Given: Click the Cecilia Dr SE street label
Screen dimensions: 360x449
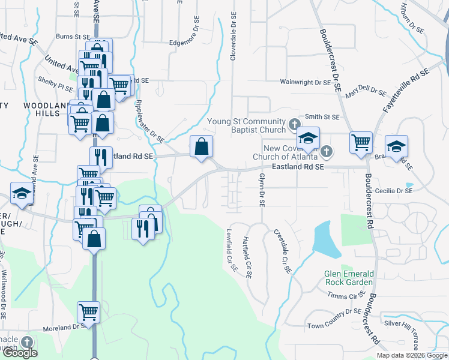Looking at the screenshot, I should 394,191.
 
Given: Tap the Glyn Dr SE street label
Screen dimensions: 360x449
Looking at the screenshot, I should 261,191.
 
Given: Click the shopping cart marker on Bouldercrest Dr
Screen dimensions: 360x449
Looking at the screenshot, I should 361,142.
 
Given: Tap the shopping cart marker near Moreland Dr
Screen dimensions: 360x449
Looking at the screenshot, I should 88,311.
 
